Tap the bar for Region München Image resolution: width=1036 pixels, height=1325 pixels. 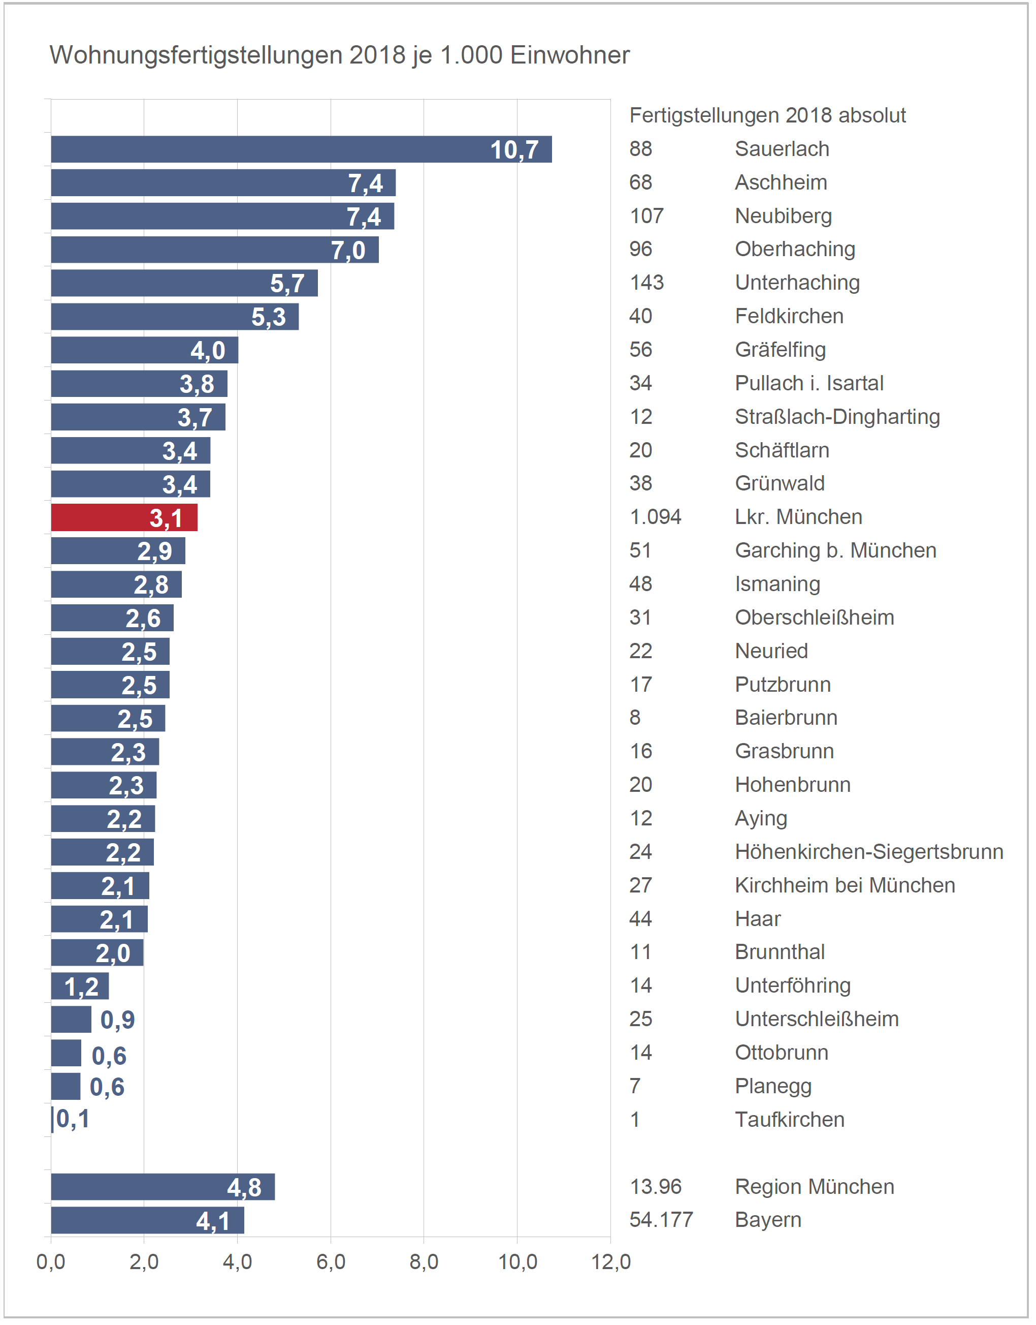click(163, 1187)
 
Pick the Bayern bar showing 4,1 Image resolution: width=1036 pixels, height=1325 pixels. click(147, 1220)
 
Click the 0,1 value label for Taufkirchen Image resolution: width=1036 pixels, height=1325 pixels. click(73, 1119)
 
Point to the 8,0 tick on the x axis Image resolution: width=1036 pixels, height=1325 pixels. click(424, 1262)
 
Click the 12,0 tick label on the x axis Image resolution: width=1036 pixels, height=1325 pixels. click(610, 1262)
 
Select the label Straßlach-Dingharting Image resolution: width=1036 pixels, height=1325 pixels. click(837, 417)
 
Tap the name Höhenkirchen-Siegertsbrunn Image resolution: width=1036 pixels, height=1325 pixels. click(868, 852)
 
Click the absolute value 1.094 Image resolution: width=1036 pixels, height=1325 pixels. click(655, 517)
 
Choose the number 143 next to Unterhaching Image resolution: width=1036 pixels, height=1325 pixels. click(646, 283)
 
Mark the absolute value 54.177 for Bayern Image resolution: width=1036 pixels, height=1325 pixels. click(661, 1220)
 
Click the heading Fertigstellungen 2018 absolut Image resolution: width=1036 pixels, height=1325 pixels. click(767, 115)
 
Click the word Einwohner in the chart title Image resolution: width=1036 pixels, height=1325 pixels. click(570, 55)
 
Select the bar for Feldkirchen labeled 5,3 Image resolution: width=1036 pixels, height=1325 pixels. click(175, 317)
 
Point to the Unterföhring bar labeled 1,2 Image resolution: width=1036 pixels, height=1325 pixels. click(79, 985)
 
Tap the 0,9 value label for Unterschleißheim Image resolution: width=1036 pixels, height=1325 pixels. click(117, 1020)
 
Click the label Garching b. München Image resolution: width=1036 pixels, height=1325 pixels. click(835, 550)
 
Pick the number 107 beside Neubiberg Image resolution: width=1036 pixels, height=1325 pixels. click(646, 216)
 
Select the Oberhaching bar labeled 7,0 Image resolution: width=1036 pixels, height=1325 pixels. click(215, 250)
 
